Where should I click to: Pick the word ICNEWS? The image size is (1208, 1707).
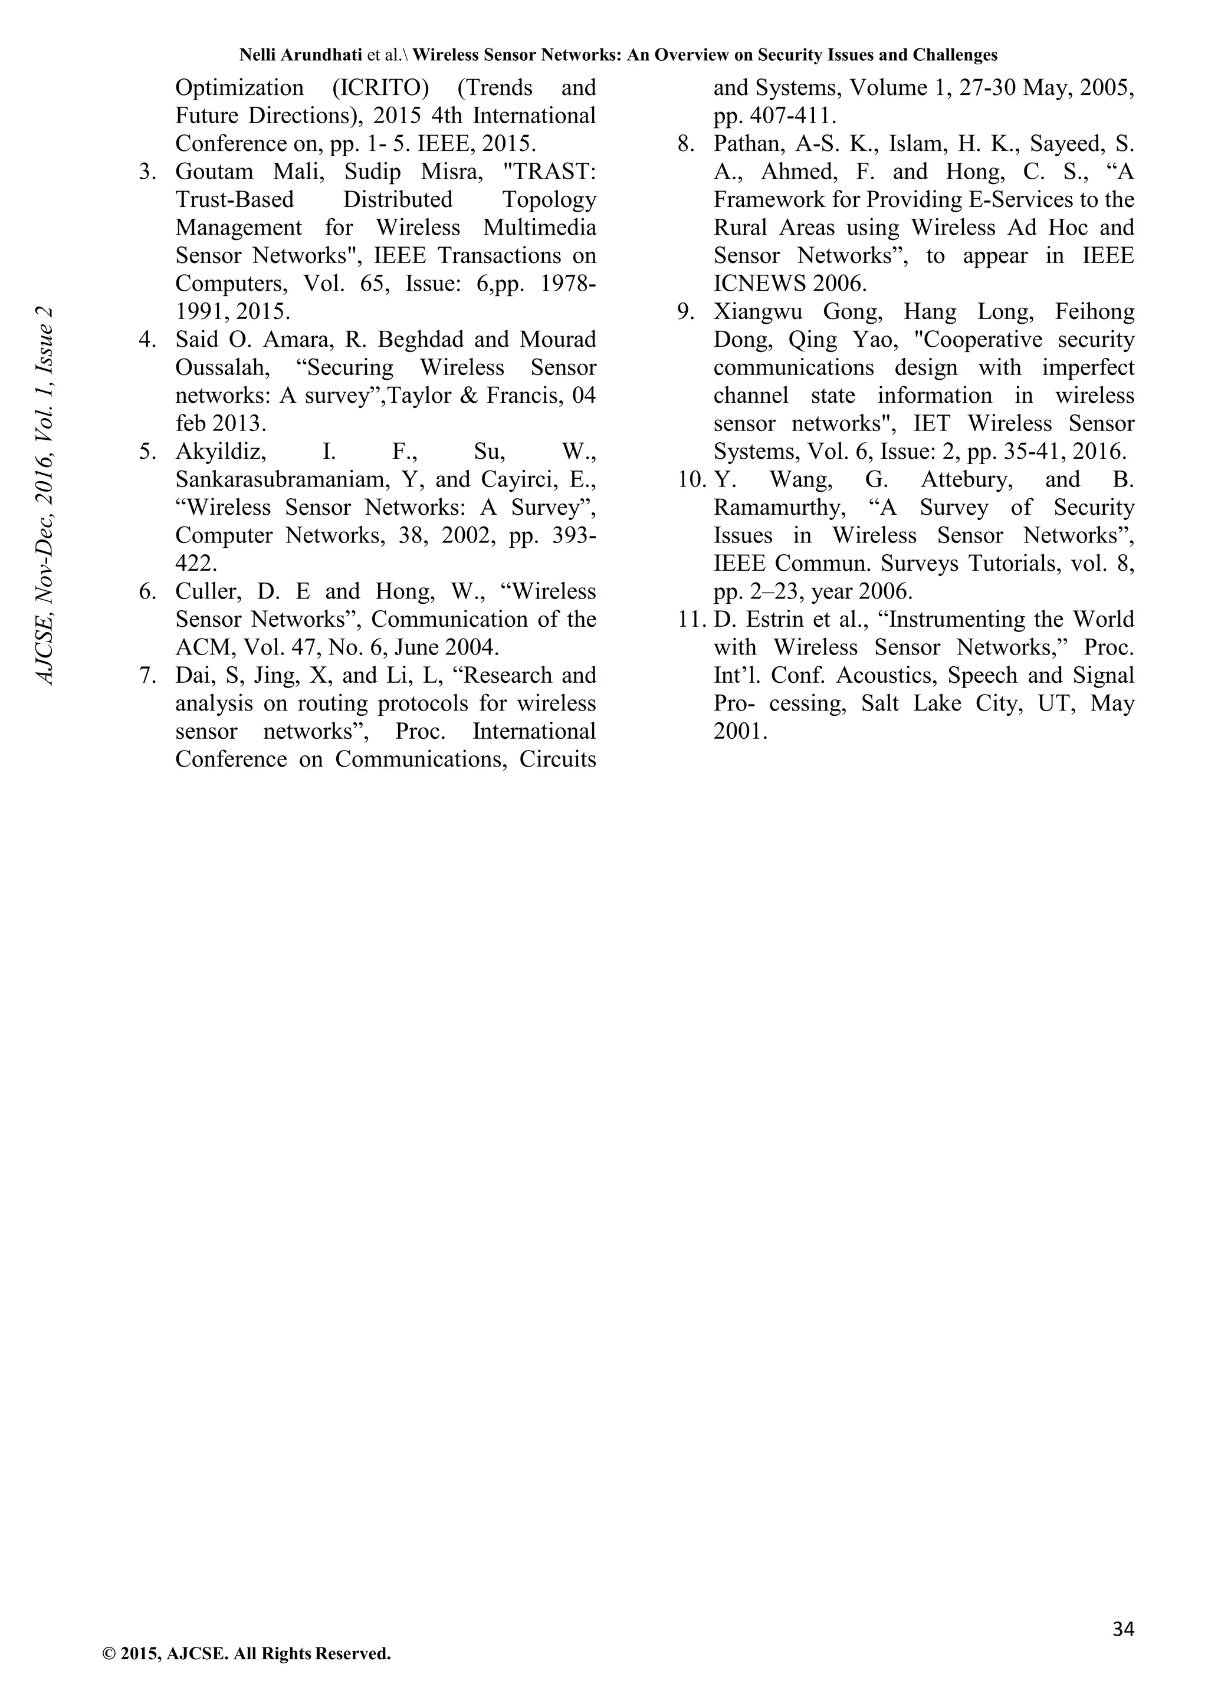pyautogui.click(x=759, y=283)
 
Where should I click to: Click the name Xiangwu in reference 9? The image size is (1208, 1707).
pyautogui.click(x=758, y=311)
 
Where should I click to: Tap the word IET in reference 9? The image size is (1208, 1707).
pyautogui.click(x=931, y=424)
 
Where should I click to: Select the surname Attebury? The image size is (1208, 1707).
pyautogui.click(x=967, y=479)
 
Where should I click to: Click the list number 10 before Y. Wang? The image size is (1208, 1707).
pyautogui.click(x=691, y=479)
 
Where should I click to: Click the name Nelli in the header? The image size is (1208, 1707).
pyautogui.click(x=257, y=55)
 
